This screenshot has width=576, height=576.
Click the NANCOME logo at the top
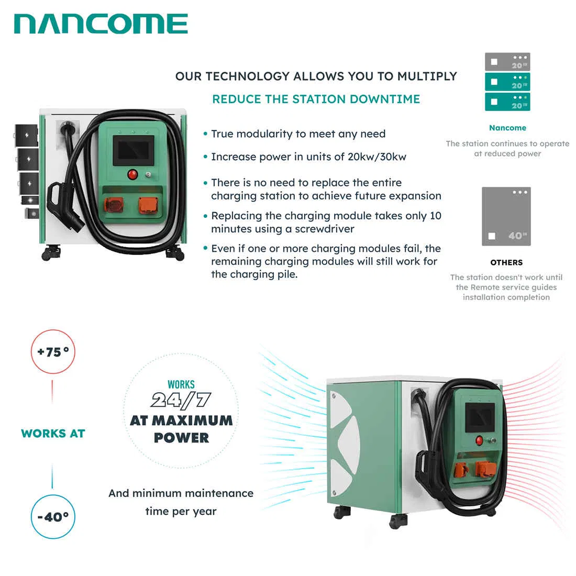[x=101, y=24]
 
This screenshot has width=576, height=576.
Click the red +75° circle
[x=53, y=352]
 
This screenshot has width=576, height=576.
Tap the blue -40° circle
[x=53, y=517]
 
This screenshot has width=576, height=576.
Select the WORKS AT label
[x=53, y=434]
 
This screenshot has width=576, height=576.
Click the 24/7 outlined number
[x=181, y=401]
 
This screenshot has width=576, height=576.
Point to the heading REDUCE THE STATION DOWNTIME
[x=316, y=99]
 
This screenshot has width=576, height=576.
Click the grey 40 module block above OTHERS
[x=506, y=216]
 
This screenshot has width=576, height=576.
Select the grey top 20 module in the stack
[x=507, y=62]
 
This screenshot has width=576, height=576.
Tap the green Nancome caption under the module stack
[x=507, y=128]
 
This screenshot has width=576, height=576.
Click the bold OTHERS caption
[x=506, y=262]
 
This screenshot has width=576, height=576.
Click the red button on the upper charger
[x=133, y=174]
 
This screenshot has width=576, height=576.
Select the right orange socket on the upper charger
[x=148, y=205]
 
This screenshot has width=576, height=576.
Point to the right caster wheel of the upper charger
[x=175, y=254]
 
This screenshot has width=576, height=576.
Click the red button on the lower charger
[x=479, y=440]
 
